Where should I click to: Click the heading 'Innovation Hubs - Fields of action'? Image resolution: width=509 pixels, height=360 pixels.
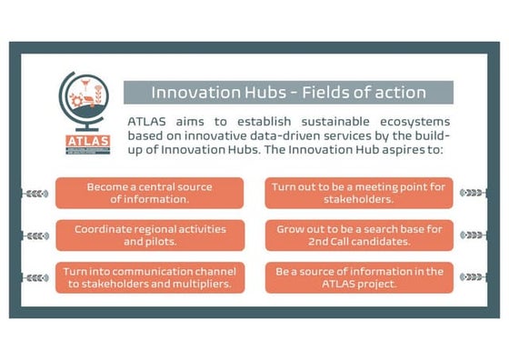pos(288,92)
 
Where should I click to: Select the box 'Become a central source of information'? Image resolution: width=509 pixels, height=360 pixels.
pos(149,193)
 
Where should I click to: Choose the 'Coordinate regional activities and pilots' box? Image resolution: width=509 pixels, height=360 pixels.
pos(149,235)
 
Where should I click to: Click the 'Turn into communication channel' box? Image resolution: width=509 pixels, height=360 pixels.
pos(149,277)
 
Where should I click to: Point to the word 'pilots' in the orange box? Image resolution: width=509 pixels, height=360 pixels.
pos(167,242)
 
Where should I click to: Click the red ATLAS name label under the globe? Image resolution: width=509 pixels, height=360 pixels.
pos(87,141)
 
